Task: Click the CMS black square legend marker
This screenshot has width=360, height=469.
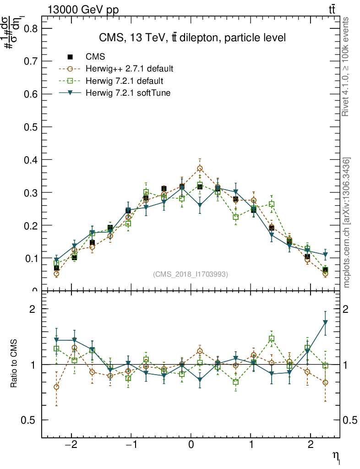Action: point(70,57)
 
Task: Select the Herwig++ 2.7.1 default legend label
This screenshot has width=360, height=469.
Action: point(129,69)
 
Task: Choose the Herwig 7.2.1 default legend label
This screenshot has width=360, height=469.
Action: point(125,81)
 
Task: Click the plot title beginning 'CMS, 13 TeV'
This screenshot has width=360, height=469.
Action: point(192,38)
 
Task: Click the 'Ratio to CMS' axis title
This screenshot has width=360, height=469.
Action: point(15,364)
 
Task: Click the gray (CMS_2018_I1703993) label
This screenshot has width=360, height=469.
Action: point(191,274)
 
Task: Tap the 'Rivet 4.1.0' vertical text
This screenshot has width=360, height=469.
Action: point(347,67)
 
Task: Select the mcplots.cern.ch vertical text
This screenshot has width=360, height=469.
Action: point(347,223)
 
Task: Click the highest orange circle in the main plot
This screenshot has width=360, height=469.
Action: point(200,169)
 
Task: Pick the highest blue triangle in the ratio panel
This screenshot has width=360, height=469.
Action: point(325,322)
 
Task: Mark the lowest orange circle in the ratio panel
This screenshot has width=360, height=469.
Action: point(56,387)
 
